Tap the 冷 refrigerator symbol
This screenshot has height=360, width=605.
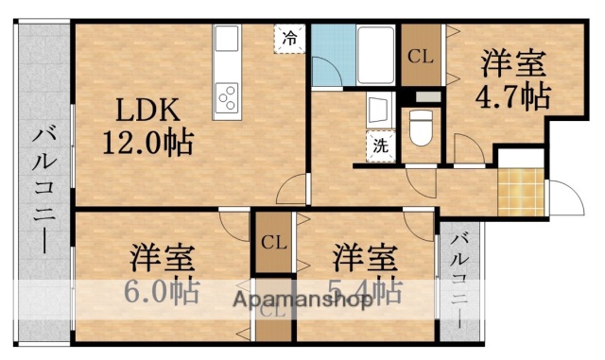click(289, 40)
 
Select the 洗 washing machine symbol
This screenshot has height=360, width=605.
click(378, 147)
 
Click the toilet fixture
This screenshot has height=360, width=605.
click(419, 126)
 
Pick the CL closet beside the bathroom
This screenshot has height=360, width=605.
click(420, 56)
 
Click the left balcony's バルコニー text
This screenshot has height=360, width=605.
click(43, 194)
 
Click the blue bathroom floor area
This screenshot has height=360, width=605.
click(330, 57)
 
